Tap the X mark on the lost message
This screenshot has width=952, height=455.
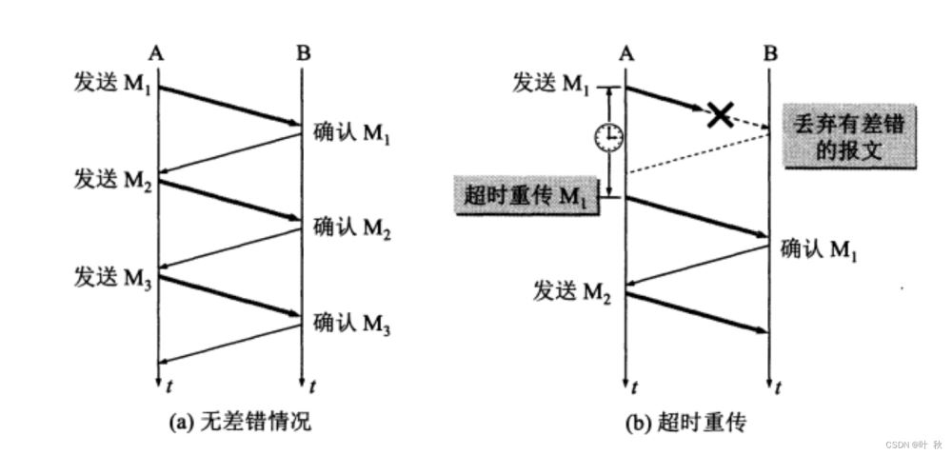(x=720, y=115)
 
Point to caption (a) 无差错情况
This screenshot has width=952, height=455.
(x=239, y=423)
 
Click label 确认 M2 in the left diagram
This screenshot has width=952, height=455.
(x=351, y=228)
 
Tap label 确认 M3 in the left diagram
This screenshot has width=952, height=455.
(x=351, y=324)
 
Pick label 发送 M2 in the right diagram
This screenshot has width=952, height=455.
(x=572, y=291)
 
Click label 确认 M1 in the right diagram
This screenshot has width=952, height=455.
(x=819, y=251)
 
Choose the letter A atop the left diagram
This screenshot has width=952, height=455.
(x=157, y=52)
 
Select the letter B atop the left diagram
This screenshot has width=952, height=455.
(x=303, y=52)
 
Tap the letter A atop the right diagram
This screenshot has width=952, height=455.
(x=625, y=52)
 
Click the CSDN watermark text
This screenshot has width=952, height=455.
(x=913, y=445)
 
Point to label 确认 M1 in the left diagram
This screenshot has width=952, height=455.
(x=351, y=133)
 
